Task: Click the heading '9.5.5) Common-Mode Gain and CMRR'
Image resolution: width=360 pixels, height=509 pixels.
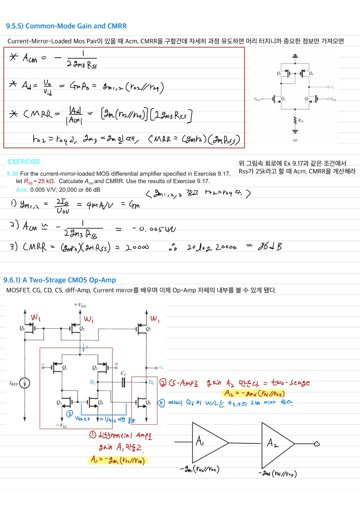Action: pos(66,26)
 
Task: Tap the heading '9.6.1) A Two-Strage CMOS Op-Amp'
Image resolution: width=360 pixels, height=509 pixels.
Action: pos(59,280)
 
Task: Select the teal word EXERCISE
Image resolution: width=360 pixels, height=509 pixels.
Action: pos(24,162)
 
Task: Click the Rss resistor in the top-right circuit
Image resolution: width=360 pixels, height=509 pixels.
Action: pos(295,121)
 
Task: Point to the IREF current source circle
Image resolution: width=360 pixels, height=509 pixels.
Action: pos(24,383)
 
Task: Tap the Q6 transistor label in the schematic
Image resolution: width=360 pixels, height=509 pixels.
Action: pos(148,402)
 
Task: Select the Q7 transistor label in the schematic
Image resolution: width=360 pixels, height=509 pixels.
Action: pos(149,329)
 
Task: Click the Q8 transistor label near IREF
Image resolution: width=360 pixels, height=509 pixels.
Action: pos(22,328)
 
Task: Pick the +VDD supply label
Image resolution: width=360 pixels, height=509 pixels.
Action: pos(80,305)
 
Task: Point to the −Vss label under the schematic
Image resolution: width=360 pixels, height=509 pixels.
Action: pos(61,426)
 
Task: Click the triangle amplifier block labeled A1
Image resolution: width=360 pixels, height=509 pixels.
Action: pos(207,442)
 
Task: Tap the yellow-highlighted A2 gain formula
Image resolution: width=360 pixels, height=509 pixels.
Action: pos(254,393)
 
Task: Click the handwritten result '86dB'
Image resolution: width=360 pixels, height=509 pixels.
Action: pos(269,246)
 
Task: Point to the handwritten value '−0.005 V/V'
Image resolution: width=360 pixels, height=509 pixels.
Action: pos(154,229)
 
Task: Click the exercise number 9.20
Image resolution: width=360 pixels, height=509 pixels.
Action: pos(12,174)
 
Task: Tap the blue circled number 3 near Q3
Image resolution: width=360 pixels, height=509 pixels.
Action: pos(70,414)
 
